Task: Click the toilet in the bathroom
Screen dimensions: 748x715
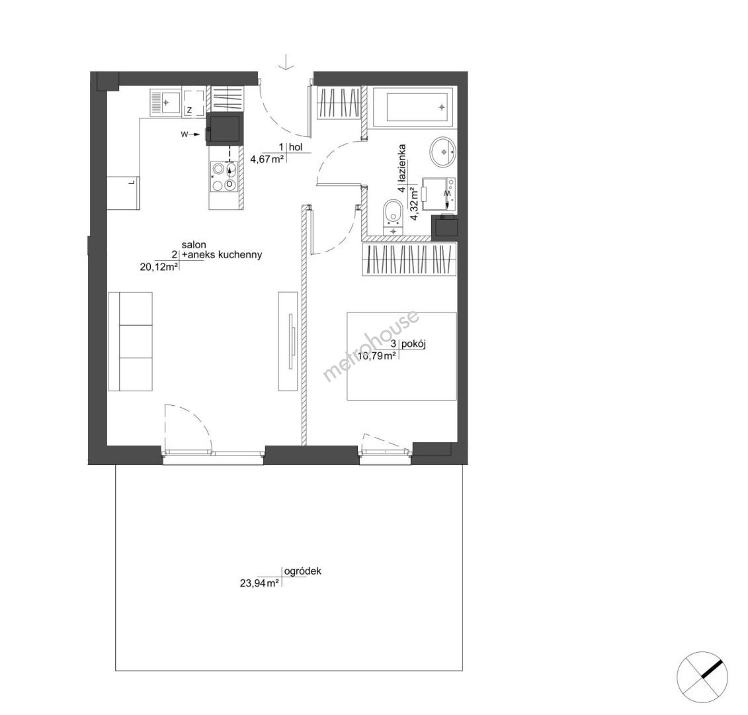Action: (x=394, y=218)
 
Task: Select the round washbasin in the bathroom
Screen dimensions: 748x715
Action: (x=444, y=152)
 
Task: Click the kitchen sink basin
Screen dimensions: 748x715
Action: (x=166, y=102)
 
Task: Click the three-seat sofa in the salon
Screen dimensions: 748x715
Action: (x=130, y=342)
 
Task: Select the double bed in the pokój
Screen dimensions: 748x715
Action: (x=401, y=356)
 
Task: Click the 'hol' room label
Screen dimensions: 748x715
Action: (x=296, y=147)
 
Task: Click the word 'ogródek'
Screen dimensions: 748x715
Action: (x=302, y=571)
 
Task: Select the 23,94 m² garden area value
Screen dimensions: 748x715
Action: (x=259, y=583)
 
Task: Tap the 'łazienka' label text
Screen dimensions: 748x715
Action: (x=403, y=162)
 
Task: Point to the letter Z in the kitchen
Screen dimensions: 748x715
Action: (x=189, y=111)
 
